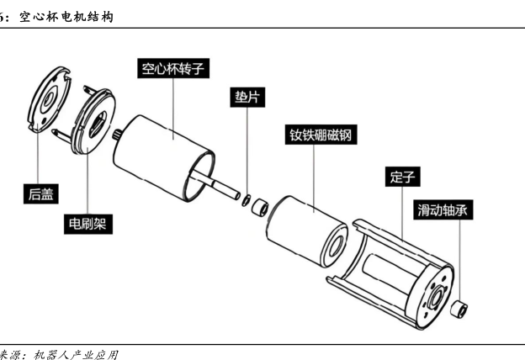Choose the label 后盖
coord(39,194)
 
